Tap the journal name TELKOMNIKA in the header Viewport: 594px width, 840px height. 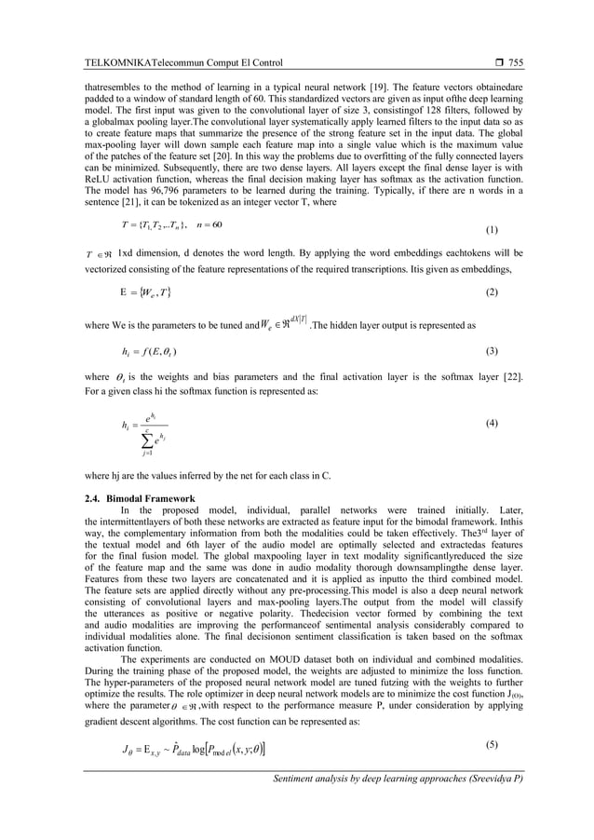coord(117,62)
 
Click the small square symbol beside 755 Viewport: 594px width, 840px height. coord(498,62)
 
